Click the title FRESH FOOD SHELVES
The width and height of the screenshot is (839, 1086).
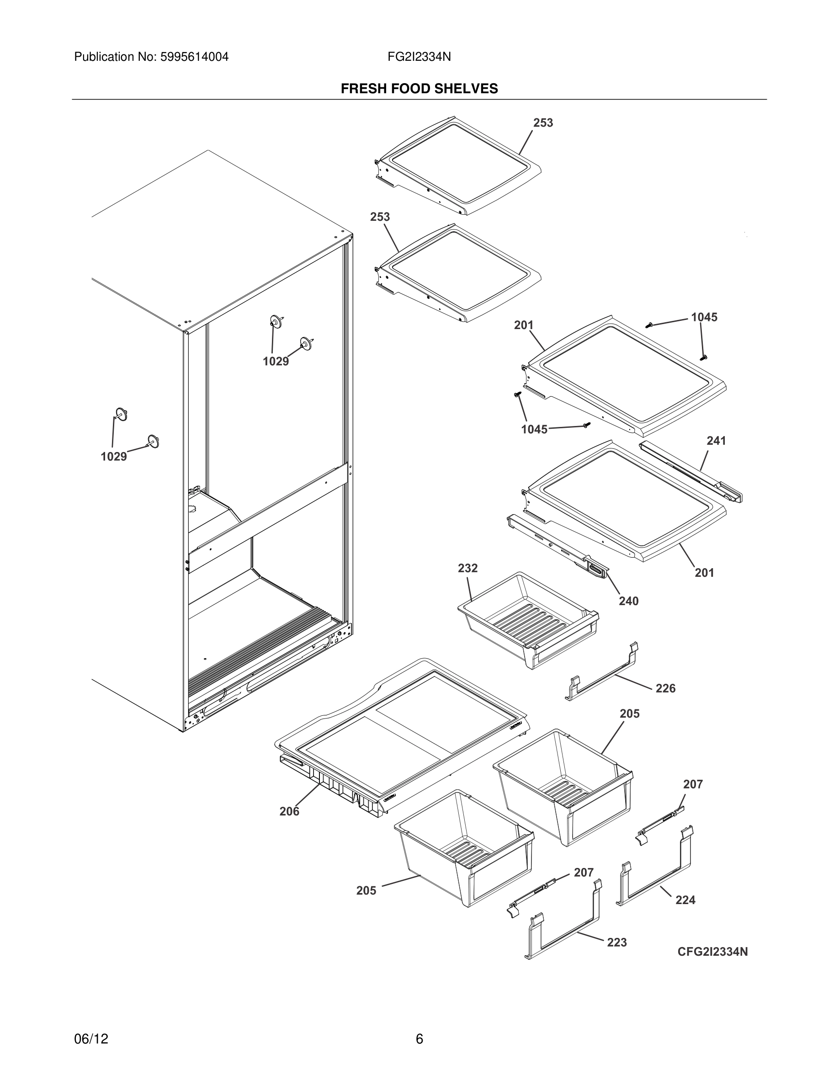click(419, 89)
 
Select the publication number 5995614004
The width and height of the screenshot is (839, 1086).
click(194, 57)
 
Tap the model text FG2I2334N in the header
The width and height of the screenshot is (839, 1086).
click(419, 57)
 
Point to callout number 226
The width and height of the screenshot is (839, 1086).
click(665, 688)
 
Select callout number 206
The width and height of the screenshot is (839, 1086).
click(289, 811)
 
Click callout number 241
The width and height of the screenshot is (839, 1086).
click(716, 441)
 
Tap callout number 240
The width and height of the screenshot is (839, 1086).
click(628, 601)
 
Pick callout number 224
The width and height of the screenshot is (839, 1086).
click(685, 900)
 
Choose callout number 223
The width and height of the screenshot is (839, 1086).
click(617, 942)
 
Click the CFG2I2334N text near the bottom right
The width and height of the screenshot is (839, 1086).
click(712, 952)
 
